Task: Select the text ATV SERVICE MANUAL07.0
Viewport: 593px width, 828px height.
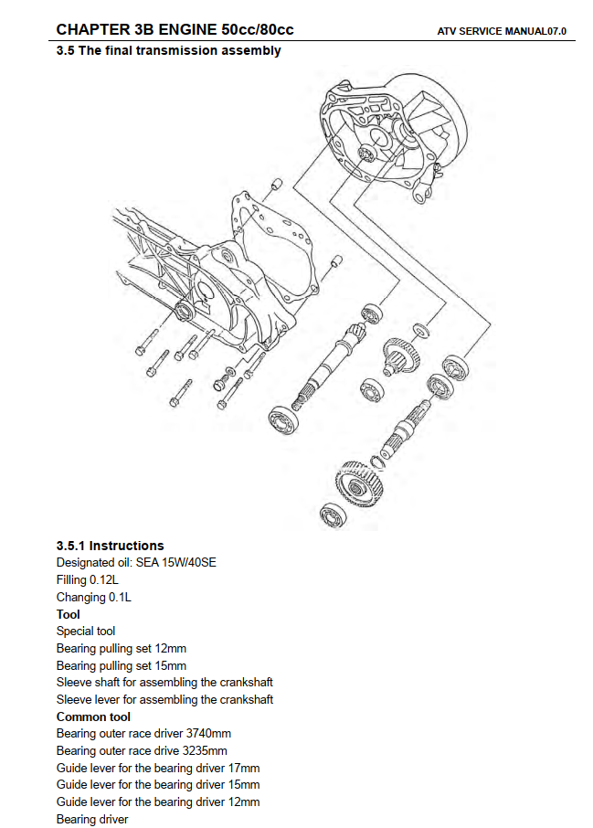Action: pos(503,31)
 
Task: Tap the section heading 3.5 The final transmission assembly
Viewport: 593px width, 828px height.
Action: pos(169,51)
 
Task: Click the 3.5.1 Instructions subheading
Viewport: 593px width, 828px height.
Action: pos(110,546)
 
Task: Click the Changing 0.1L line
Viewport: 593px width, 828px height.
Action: pos(93,598)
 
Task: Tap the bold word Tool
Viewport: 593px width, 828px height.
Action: pos(68,614)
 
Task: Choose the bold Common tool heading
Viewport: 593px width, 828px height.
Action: pos(93,717)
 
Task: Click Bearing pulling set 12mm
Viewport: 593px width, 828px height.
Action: pos(121,649)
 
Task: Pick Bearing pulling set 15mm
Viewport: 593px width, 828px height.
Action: pos(121,665)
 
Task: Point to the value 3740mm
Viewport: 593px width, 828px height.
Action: pos(208,734)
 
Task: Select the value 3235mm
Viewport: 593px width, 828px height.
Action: pos(203,751)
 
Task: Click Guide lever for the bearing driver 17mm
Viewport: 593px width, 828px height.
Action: pos(157,768)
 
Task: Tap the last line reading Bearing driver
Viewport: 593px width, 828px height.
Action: pos(92,819)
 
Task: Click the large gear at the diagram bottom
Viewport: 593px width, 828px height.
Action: pos(356,480)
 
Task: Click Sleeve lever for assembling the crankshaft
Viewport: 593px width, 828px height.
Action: pos(164,700)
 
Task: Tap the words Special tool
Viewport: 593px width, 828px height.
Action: pos(86,632)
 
